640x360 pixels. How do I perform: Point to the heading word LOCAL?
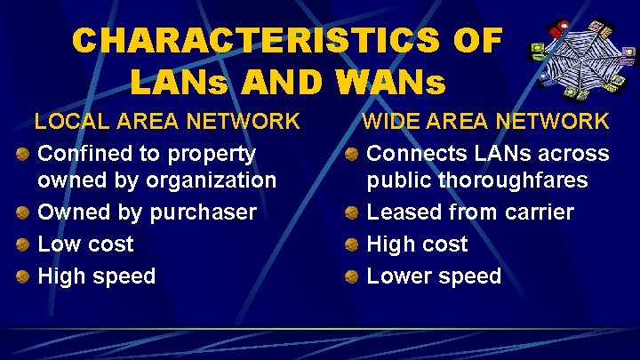74,121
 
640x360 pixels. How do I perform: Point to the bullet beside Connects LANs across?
352,155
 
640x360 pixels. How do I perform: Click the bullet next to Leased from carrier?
352,213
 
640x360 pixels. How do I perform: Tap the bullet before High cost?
352,245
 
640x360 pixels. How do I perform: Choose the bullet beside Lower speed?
352,277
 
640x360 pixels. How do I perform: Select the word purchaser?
204,212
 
